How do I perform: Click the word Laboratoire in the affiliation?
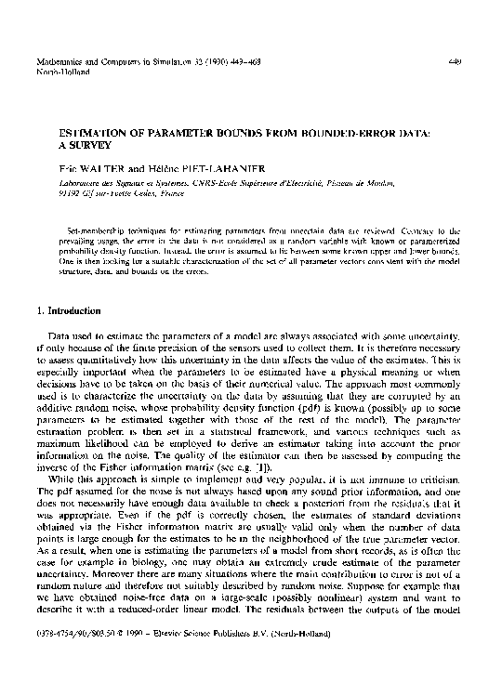tap(78, 186)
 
